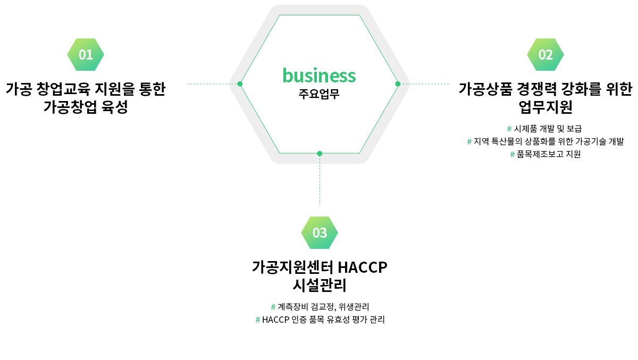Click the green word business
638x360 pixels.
pos(319,76)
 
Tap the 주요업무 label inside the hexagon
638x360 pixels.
pos(319,95)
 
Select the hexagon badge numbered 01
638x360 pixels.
pos(86,54)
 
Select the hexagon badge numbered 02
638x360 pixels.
pos(545,54)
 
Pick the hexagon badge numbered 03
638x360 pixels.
pos(320,232)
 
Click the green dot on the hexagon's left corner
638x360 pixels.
pos(240,84)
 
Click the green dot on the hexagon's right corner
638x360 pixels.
pos(398,84)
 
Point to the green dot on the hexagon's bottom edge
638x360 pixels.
pos(320,154)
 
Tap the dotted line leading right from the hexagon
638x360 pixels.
pos(425,84)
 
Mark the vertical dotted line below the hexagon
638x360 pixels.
pos(320,181)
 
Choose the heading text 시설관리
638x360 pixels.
pos(320,286)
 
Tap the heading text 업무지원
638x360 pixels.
pos(545,107)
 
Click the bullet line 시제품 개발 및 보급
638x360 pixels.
pos(545,129)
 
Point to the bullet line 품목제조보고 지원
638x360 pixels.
pos(545,154)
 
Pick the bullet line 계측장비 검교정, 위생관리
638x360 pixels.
pos(320,307)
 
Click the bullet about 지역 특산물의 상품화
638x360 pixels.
pos(545,141)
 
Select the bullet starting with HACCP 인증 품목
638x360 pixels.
pos(320,320)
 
